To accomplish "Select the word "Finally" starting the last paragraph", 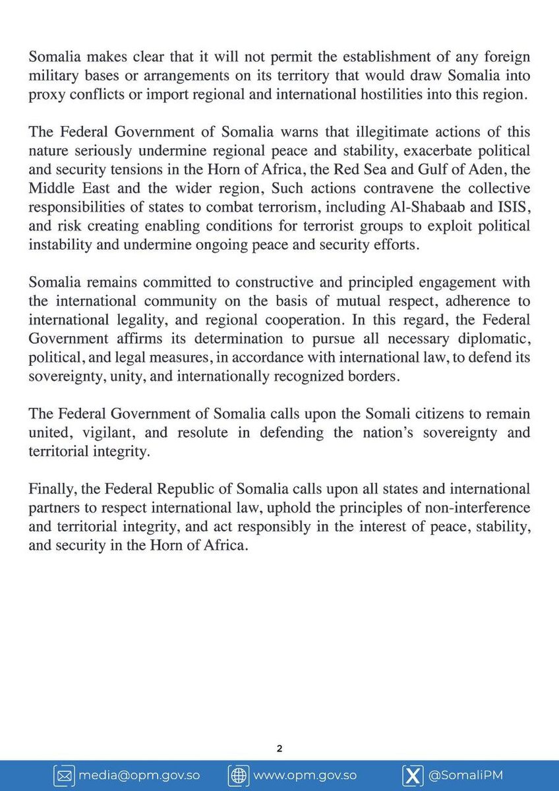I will (48, 490).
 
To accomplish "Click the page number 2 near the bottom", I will (279, 749).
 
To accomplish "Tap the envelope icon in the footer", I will (65, 776).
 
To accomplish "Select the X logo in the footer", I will (412, 776).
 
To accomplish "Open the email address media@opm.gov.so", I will (139, 776).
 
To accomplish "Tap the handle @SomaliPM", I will (465, 776).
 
